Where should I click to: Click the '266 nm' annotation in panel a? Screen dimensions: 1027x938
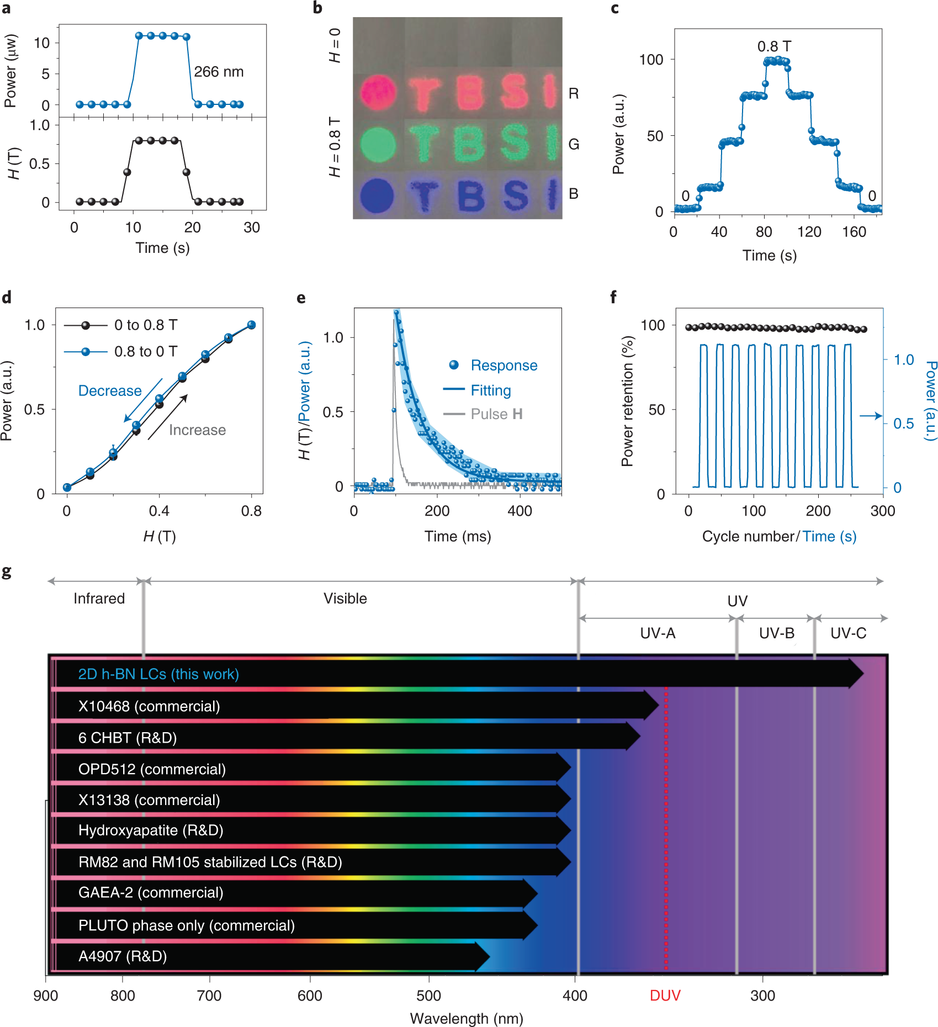pyautogui.click(x=219, y=72)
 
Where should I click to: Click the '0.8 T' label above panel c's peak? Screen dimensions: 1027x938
pyautogui.click(x=774, y=46)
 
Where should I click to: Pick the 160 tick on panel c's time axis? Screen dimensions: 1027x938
pyautogui.click(x=854, y=232)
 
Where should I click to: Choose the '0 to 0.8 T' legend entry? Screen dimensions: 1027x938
pyautogui.click(x=146, y=325)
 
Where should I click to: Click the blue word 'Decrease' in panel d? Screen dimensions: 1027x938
pyautogui.click(x=110, y=391)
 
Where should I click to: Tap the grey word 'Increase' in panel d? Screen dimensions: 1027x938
pyautogui.click(x=197, y=430)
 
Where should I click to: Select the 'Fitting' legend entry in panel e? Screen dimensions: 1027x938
pyautogui.click(x=490, y=390)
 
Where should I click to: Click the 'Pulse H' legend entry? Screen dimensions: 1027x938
pyautogui.click(x=496, y=414)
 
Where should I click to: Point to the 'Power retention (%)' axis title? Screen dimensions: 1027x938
pyautogui.click(x=627, y=401)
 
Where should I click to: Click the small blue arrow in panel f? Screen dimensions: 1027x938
pyautogui.click(x=871, y=416)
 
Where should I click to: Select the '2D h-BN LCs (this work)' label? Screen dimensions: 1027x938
pyautogui.click(x=158, y=674)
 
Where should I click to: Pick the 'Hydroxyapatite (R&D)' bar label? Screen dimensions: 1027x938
pyautogui.click(x=151, y=830)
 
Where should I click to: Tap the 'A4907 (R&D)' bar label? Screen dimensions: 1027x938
pyautogui.click(x=123, y=956)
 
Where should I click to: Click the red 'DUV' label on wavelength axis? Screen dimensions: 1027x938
pyautogui.click(x=665, y=996)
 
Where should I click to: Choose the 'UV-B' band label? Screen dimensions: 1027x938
pyautogui.click(x=776, y=633)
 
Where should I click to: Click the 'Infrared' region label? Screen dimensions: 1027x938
pyautogui.click(x=99, y=599)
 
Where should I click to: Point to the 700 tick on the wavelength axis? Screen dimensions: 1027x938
pyautogui.click(x=209, y=996)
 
